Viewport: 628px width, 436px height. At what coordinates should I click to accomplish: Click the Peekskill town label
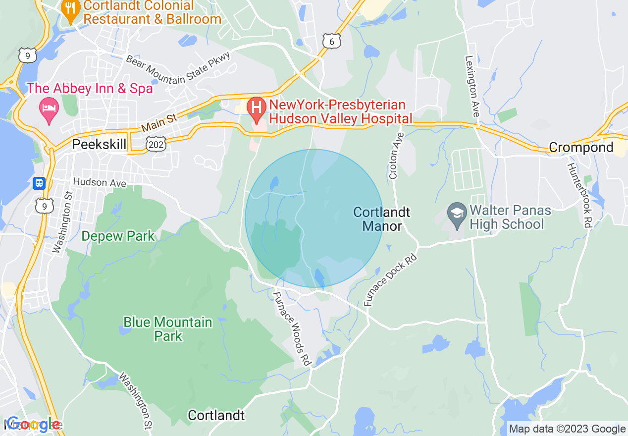[99, 144]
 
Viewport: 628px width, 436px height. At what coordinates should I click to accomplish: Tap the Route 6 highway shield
[331, 42]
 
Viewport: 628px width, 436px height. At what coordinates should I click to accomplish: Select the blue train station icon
[39, 183]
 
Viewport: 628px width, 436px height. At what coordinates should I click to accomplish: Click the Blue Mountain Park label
[168, 329]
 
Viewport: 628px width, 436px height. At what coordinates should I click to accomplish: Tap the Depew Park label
[118, 236]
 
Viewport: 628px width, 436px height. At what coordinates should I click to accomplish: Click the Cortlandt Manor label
[382, 219]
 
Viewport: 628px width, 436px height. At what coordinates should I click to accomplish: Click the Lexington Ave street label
[472, 86]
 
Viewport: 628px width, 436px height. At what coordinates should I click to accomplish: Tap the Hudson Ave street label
[100, 183]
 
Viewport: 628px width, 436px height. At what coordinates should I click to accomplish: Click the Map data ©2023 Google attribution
[567, 429]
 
